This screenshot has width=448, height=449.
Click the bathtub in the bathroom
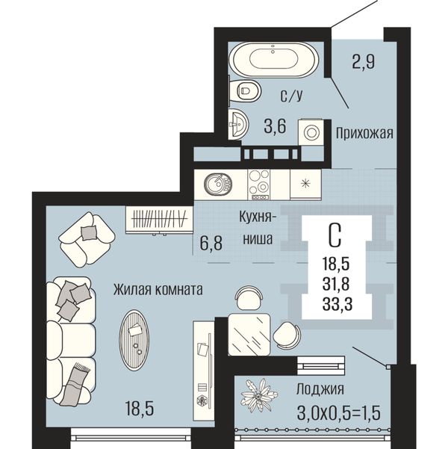pyautogui.click(x=274, y=60)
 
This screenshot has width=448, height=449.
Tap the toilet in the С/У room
pyautogui.click(x=245, y=91)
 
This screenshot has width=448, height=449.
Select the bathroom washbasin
pyautogui.click(x=237, y=124)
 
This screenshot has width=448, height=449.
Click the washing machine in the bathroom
pyautogui.click(x=311, y=132)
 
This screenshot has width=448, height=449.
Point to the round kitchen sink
pyautogui.click(x=218, y=183)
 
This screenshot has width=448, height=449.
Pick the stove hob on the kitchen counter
pyautogui.click(x=259, y=185)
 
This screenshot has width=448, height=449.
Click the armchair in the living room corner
pyautogui.click(x=87, y=239)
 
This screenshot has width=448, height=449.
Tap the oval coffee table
pyautogui.click(x=134, y=340)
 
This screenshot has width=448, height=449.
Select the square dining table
pyautogui.click(x=249, y=335)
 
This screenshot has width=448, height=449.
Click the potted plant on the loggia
pyautogui.click(x=259, y=395)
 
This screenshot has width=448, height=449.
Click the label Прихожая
pyautogui.click(x=364, y=134)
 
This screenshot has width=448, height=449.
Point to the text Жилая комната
pyautogui.click(x=158, y=290)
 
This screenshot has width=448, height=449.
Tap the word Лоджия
pyautogui.click(x=320, y=389)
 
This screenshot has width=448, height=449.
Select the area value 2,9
pyautogui.click(x=364, y=61)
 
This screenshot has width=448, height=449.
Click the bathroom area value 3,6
pyautogui.click(x=275, y=126)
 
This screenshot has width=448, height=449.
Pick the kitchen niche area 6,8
pyautogui.click(x=211, y=243)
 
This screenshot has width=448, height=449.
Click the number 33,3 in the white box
pyautogui.click(x=337, y=304)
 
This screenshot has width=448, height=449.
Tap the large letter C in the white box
pyautogui.click(x=335, y=235)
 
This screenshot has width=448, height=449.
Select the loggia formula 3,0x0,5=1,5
pyautogui.click(x=339, y=413)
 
